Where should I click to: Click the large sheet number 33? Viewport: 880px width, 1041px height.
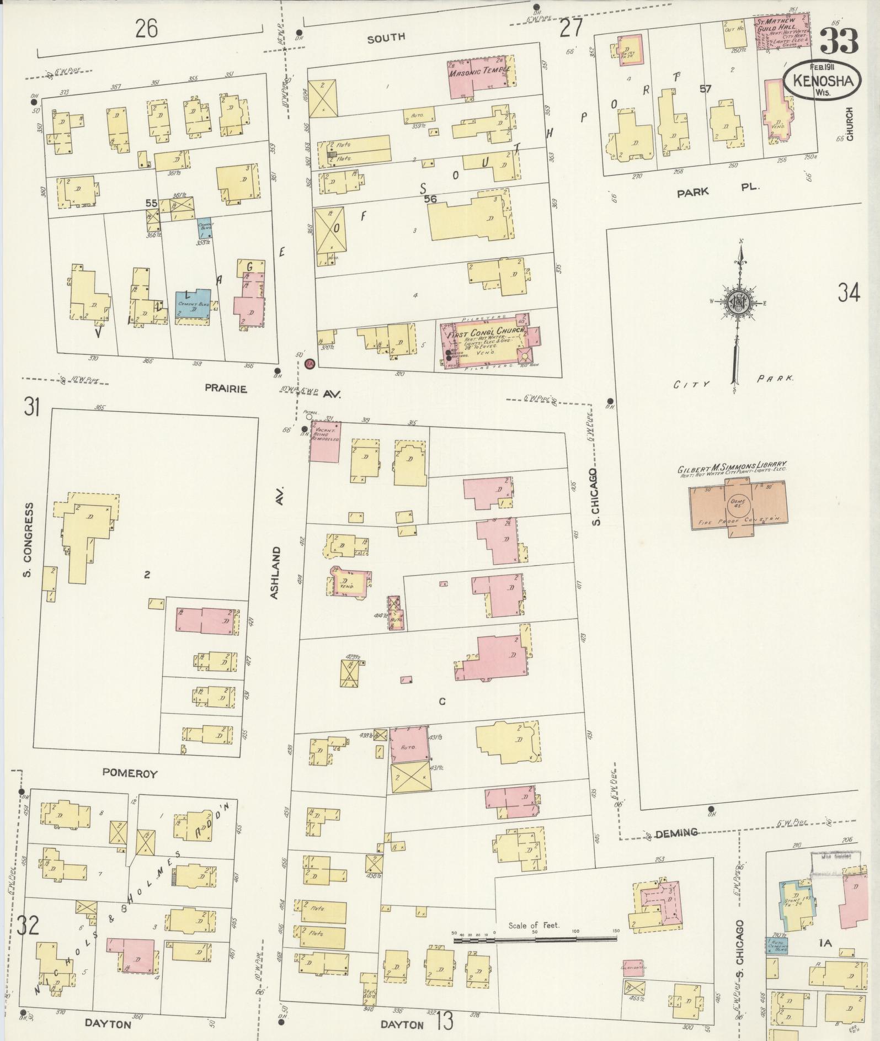tap(839, 41)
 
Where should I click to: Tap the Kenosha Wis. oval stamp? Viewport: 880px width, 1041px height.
tap(823, 80)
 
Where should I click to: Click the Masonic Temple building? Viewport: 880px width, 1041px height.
tap(477, 77)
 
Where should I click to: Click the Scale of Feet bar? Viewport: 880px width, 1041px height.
tap(535, 937)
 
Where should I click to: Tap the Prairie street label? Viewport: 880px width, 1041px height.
tap(226, 389)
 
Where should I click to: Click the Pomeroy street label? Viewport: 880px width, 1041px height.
tap(130, 774)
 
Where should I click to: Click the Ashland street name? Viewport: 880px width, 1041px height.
tap(278, 572)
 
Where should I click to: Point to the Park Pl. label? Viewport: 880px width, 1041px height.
tap(717, 189)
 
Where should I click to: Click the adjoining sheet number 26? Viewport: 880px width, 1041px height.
tap(147, 28)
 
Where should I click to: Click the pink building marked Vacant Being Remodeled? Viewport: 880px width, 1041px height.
tap(325, 442)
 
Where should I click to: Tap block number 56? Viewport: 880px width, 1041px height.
tap(430, 199)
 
